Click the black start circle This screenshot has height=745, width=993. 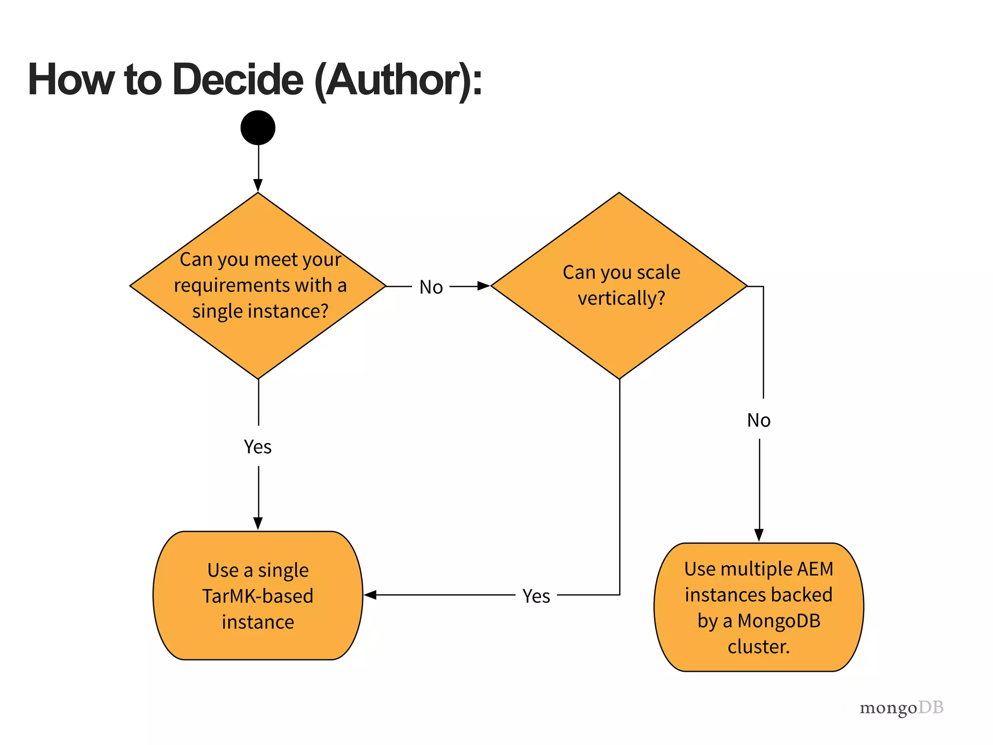click(x=258, y=128)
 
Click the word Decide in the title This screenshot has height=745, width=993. click(x=238, y=80)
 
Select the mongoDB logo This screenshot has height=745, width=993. click(x=901, y=708)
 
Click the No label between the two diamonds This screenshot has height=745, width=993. click(x=431, y=287)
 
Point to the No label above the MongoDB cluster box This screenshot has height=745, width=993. click(x=759, y=420)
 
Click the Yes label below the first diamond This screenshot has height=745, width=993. click(x=257, y=447)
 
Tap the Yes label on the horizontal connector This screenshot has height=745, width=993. click(x=536, y=596)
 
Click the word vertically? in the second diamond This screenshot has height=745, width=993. click(x=621, y=298)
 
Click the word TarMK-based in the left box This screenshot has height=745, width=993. click(x=258, y=596)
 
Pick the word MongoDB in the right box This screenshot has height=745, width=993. click(x=779, y=621)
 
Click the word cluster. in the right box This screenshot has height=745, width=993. click(x=759, y=647)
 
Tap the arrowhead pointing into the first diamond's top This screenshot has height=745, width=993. click(x=258, y=185)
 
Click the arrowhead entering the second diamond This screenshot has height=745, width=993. click(x=483, y=286)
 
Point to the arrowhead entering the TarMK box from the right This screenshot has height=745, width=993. click(x=370, y=595)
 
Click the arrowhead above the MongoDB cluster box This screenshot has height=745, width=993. click(x=759, y=535)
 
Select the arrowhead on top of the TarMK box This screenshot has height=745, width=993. click(x=258, y=523)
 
